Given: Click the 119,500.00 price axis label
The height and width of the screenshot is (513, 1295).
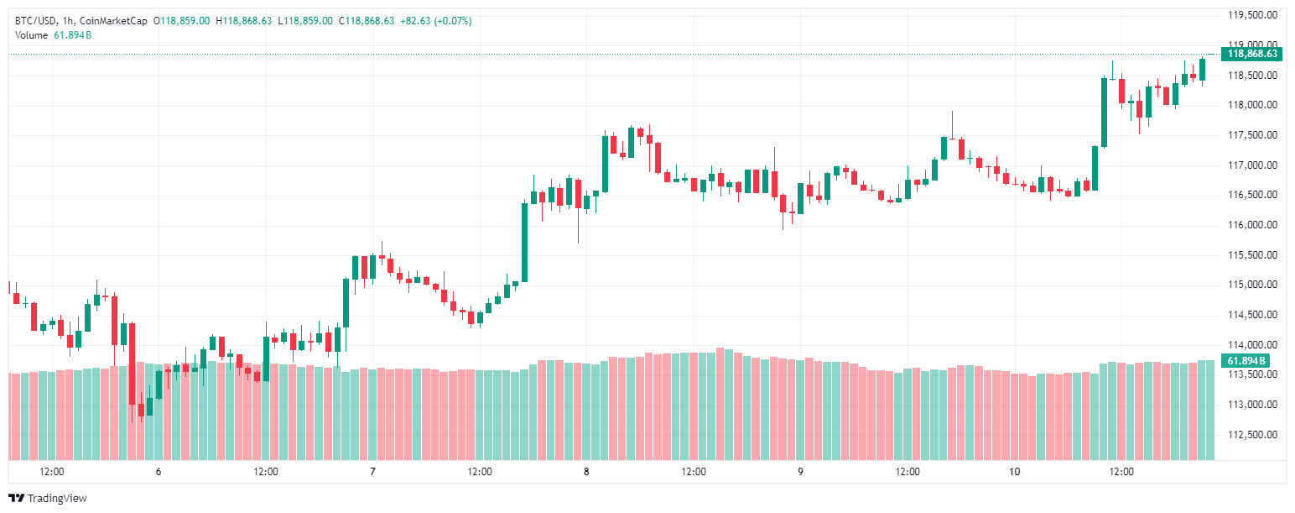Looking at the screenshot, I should click(1253, 15).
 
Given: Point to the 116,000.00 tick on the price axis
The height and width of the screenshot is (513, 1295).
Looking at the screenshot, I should click(1253, 225).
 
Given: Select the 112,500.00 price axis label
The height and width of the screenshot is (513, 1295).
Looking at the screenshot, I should click(1253, 435).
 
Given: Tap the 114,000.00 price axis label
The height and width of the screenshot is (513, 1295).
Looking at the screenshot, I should click(1253, 345).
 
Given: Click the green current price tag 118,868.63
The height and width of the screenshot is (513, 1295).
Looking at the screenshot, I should click(1252, 54).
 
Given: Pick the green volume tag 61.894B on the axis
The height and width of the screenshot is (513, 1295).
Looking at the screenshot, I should click(1246, 361).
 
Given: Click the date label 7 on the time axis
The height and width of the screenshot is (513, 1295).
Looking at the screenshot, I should click(372, 472).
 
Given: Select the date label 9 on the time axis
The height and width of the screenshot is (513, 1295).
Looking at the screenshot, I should click(800, 472).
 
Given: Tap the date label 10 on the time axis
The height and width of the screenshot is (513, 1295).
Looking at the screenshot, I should click(1015, 472).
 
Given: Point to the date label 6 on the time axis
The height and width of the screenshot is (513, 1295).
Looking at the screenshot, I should click(159, 472).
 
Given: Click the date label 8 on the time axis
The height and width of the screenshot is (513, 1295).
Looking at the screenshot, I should click(586, 472).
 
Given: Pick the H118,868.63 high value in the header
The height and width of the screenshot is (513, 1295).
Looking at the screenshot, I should click(244, 20).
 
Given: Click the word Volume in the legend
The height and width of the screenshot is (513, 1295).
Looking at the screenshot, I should click(31, 34).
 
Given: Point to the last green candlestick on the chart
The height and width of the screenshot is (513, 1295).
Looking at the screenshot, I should click(1202, 70).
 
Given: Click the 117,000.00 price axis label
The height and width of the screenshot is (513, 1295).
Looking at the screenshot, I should click(1253, 165).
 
